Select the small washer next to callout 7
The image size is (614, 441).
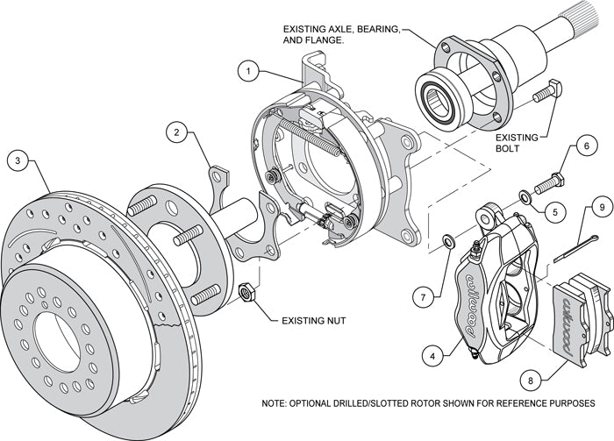tap(446, 239)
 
